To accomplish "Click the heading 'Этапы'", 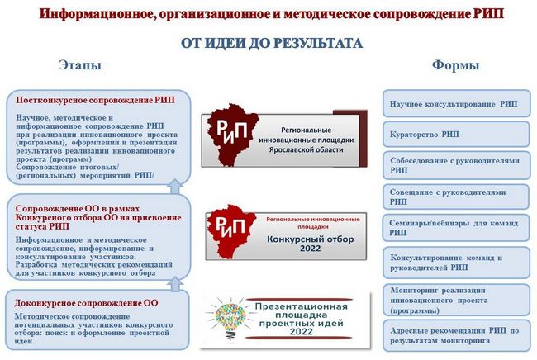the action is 80,64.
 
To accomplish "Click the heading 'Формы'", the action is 455,64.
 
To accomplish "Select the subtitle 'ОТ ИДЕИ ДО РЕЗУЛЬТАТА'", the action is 272,43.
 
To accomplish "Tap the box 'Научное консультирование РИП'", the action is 456,103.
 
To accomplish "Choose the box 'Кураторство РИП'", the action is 456,134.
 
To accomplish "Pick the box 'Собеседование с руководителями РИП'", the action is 456,165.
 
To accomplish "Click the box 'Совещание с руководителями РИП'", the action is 456,197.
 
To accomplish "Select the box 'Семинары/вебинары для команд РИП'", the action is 456,228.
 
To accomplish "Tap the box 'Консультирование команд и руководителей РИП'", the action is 456,262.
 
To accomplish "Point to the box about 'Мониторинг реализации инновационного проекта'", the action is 456,300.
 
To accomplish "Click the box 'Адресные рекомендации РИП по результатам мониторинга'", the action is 456,335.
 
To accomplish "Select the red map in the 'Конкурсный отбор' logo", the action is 231,231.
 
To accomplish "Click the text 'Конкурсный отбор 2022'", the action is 311,244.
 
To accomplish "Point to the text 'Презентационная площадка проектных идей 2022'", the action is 302,319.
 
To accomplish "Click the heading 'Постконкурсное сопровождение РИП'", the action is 95,100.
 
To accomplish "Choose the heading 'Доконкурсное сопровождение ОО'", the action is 86,303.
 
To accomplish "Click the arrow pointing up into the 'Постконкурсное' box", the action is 175,187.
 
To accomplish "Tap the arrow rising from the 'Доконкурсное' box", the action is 175,284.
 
